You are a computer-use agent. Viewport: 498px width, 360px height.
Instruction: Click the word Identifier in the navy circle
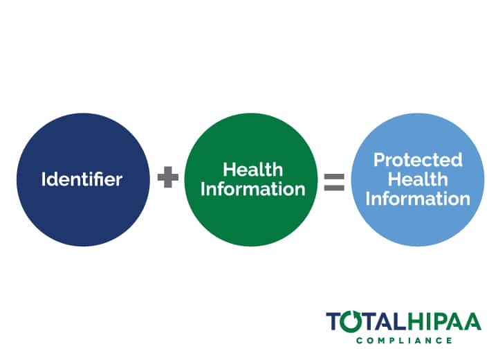coord(82,179)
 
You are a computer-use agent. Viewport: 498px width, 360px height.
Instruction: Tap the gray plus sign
coord(168,177)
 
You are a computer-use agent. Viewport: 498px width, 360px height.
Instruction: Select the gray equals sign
coord(334,182)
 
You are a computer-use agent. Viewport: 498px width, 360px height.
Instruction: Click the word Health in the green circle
coord(253,170)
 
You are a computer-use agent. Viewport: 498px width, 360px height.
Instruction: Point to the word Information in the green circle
coord(253,189)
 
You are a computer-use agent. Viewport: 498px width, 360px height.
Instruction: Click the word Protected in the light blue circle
coord(418,160)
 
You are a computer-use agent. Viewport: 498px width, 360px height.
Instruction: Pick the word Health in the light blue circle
coord(418,179)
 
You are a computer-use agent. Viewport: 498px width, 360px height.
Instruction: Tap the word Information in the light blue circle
coord(418,199)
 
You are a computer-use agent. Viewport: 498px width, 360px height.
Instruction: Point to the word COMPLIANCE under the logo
coord(404,341)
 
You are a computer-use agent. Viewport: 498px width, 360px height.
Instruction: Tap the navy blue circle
coord(83,180)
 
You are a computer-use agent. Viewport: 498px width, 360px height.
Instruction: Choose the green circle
coord(251,180)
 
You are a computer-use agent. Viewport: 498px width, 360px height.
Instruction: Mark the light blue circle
coord(418,180)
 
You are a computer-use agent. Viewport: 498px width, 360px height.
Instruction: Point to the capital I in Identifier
coord(43,179)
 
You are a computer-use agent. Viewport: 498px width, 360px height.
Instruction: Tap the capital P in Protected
coord(380,160)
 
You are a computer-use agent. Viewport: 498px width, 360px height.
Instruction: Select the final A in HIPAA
coord(473,321)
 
